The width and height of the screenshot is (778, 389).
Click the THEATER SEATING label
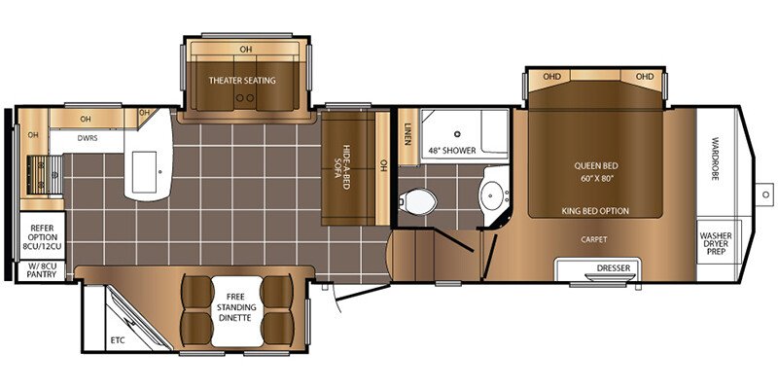(x=242, y=80)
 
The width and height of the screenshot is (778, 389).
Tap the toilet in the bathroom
(x=417, y=201)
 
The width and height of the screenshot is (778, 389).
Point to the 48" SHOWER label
(x=452, y=150)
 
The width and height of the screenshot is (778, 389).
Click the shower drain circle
(x=457, y=133)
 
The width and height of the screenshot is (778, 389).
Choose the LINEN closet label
(x=407, y=134)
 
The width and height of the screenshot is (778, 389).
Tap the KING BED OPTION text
(x=595, y=211)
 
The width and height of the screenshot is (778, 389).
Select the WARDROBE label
(x=715, y=159)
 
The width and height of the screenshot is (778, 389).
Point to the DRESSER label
(x=614, y=268)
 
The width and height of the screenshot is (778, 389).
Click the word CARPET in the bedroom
(x=594, y=239)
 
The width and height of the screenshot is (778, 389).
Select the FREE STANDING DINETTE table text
(x=236, y=307)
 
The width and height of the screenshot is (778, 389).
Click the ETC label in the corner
(x=117, y=339)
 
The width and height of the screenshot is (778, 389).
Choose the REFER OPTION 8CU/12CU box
(x=42, y=236)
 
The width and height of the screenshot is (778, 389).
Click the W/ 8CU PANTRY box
(x=42, y=270)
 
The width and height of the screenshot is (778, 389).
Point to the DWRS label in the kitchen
(x=88, y=138)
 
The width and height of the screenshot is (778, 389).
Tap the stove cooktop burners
(x=44, y=175)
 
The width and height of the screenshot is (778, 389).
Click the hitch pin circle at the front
(x=764, y=194)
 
